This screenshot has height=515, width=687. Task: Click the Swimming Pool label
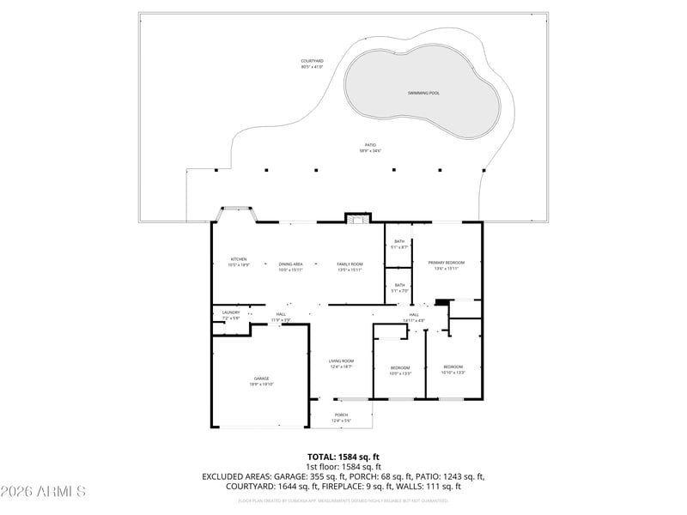point(423,93)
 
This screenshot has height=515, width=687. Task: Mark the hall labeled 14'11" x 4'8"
point(414,317)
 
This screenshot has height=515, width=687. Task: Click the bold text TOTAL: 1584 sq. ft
point(343,457)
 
